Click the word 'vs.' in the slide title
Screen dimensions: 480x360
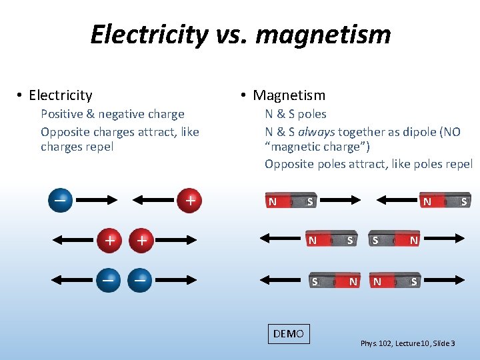tap(228, 34)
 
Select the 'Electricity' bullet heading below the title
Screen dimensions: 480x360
tap(61, 96)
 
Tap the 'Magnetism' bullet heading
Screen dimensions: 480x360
tap(289, 96)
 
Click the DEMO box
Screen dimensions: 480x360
tap(289, 333)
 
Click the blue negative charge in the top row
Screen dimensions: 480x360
tap(60, 200)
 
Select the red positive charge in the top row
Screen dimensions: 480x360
tap(190, 200)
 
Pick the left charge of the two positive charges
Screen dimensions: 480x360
tap(109, 240)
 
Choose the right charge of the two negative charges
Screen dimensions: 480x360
tap(140, 280)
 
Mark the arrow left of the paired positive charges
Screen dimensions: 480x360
tap(73, 240)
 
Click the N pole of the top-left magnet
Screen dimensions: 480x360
tap(273, 201)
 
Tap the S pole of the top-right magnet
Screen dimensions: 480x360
tap(463, 201)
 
